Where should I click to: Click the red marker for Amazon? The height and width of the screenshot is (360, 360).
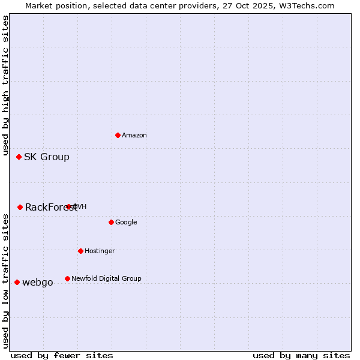point(118,135)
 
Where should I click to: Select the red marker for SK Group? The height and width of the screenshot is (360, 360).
point(19,157)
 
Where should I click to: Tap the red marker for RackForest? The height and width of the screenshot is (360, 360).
point(20,207)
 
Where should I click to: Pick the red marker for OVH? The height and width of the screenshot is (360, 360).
point(68,206)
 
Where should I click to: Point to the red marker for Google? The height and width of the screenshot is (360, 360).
point(111,222)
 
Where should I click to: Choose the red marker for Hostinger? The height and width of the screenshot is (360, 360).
point(80,251)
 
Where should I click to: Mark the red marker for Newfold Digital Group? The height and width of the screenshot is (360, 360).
point(67,278)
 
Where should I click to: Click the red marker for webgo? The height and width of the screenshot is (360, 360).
point(17,282)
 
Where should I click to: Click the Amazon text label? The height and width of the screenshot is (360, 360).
point(134,135)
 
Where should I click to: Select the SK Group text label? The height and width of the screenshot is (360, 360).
point(47,157)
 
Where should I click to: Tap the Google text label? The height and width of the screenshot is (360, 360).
point(126,222)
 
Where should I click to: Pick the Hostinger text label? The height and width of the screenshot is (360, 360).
point(100,251)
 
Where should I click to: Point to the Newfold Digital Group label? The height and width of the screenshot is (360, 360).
point(106,278)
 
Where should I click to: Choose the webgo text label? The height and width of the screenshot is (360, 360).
point(38,282)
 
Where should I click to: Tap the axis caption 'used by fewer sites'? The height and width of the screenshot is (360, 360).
point(62,355)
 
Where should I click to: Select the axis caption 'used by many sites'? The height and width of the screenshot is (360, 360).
point(301,355)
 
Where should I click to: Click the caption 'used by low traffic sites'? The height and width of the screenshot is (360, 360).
point(6,281)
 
